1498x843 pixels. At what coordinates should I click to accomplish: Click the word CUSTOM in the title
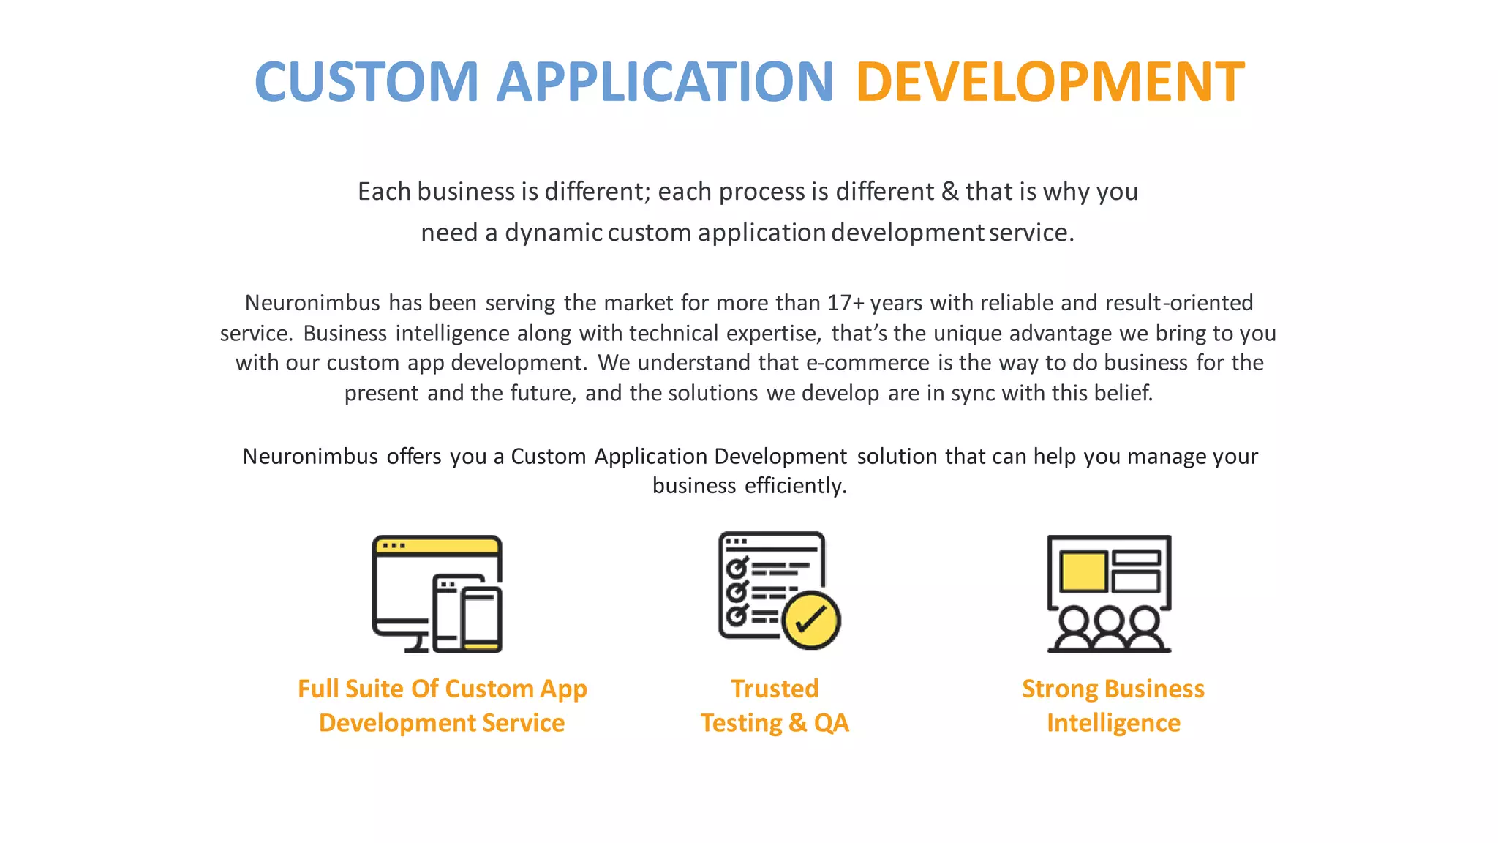[366, 81]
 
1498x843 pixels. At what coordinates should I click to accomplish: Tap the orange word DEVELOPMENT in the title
[1050, 81]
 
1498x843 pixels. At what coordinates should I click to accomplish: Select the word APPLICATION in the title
[665, 81]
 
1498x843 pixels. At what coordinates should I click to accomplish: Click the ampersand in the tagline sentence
[949, 192]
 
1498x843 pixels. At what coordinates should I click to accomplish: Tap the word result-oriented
[1178, 303]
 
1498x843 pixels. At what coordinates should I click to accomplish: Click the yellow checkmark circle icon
[810, 621]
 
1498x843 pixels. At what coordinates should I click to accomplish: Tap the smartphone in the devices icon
[481, 618]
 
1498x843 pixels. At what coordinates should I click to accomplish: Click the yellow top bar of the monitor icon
[437, 546]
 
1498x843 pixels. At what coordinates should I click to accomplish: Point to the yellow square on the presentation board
[1083, 572]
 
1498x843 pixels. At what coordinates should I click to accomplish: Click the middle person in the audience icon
[1109, 629]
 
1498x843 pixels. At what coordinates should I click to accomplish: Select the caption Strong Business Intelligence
[1113, 705]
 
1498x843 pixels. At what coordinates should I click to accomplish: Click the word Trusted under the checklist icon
[775, 689]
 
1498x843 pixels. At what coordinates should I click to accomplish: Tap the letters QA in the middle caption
[831, 723]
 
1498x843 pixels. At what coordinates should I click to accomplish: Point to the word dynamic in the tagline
[553, 233]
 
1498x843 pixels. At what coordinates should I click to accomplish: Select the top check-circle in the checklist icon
[736, 568]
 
